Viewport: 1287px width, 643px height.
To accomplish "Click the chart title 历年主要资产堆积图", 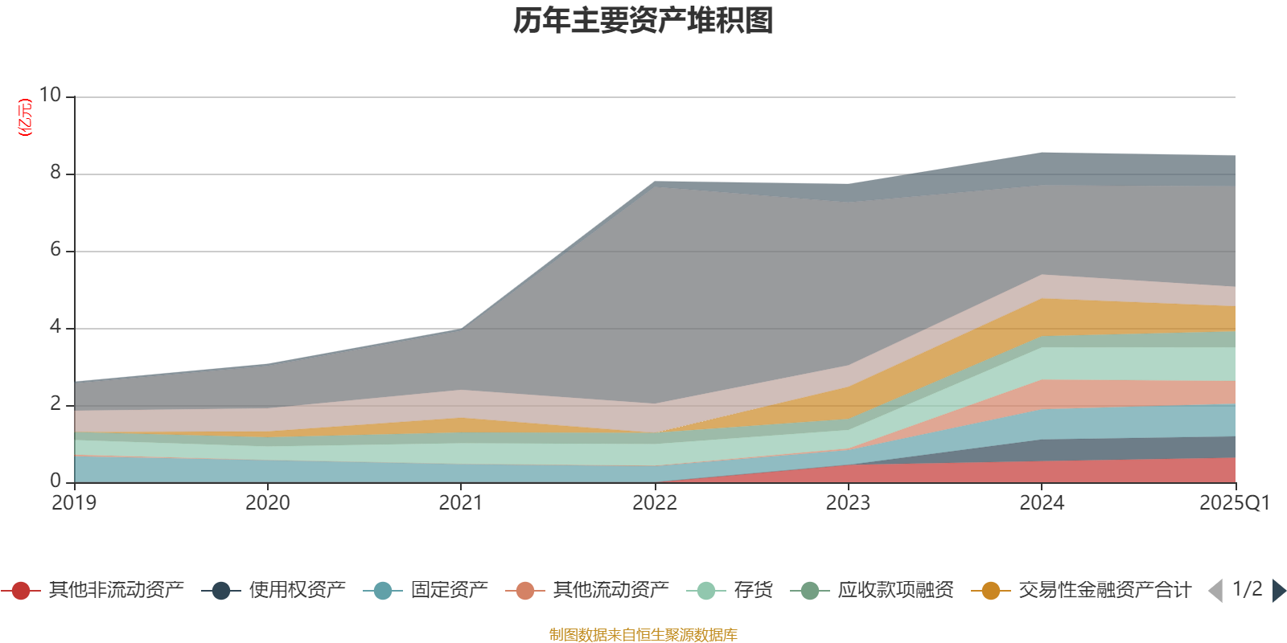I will tap(643, 21).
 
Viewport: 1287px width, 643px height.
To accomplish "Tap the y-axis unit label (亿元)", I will tap(26, 117).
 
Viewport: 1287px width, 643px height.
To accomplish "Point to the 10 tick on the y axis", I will tap(50, 96).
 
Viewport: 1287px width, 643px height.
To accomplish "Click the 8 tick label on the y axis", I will tap(56, 173).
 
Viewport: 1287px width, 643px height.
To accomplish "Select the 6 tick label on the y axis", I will tap(56, 250).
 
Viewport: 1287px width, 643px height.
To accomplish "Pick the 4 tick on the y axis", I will tap(56, 327).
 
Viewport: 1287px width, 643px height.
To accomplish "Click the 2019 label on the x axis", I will tap(74, 503).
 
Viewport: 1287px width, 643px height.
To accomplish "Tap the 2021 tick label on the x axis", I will tap(461, 503).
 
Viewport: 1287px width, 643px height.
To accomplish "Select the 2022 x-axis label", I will tap(655, 503).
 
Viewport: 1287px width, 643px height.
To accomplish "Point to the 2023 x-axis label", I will tap(848, 503).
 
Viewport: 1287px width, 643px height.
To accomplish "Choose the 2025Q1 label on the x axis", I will tap(1235, 503).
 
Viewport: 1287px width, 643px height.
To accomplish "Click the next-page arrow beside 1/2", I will tap(1278, 591).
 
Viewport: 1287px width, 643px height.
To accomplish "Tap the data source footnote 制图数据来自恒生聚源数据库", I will tap(643, 635).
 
